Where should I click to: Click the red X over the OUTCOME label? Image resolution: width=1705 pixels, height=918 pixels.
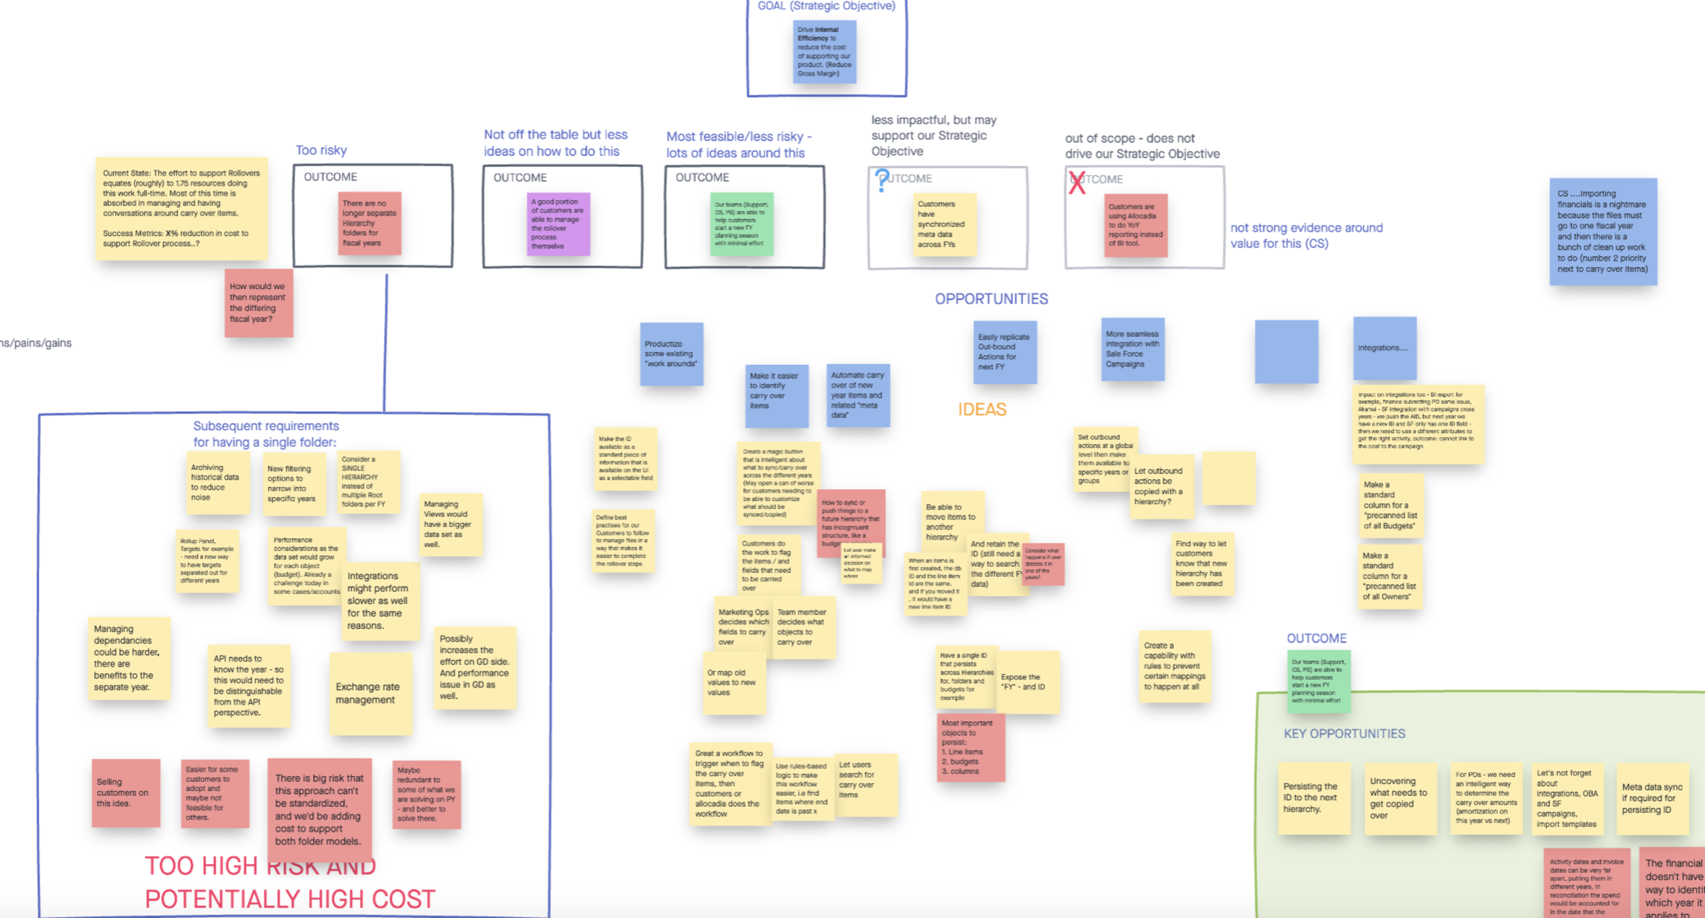coord(1077,183)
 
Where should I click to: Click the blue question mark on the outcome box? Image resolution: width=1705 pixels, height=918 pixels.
coord(882,180)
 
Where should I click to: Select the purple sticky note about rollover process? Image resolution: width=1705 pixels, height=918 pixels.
coord(558,224)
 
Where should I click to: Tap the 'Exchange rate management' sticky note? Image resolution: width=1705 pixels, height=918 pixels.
coord(370,693)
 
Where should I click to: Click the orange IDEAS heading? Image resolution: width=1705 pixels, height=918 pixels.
coord(981,409)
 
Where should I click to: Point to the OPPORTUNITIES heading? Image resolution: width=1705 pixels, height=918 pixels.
coord(991,299)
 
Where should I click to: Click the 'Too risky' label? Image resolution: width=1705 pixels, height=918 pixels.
coord(321,150)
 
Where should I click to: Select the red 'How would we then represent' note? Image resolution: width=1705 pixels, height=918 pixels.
coord(258,303)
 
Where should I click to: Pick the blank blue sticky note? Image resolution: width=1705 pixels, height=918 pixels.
coord(1286,351)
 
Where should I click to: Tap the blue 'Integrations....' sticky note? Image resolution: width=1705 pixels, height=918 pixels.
coord(1384,348)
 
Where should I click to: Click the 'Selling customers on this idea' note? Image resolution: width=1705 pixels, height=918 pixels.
coord(126,793)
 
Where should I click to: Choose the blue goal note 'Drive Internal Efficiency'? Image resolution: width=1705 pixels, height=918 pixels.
coord(824,52)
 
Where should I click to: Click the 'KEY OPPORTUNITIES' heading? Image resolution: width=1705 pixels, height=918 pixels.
coord(1344,734)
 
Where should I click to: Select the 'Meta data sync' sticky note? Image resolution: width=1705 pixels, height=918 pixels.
coord(1652,799)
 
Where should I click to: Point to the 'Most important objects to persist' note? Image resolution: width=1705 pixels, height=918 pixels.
coord(970,747)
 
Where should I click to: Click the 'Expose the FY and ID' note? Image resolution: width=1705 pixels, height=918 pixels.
coord(1028,682)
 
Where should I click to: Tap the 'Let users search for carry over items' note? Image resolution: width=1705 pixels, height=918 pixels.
coord(866,784)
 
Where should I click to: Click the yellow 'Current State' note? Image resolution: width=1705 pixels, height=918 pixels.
coord(181,209)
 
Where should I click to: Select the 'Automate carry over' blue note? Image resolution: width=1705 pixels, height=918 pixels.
coord(858,395)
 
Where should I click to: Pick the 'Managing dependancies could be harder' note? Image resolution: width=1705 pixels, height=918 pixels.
coord(128,658)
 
